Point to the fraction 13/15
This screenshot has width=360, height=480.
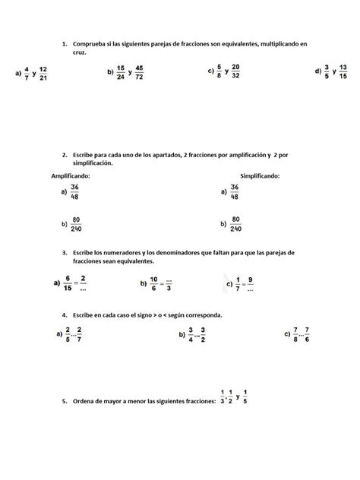click(343, 72)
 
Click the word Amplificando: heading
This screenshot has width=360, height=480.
click(71, 175)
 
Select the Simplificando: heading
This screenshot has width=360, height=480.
click(259, 175)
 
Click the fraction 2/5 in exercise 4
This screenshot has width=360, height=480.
click(68, 333)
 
